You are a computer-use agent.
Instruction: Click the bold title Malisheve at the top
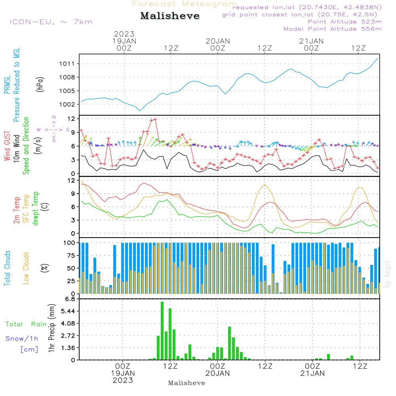[170, 16]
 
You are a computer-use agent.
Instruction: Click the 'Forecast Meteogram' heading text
[185, 4]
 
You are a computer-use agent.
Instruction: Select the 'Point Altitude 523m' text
[345, 22]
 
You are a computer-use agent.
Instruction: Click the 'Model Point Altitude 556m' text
[333, 29]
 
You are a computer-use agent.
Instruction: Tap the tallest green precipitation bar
[162, 331]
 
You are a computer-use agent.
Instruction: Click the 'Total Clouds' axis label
[7, 268]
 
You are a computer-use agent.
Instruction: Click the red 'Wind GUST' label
[7, 147]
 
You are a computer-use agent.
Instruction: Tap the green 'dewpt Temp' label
[36, 209]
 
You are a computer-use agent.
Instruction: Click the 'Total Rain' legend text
[26, 324]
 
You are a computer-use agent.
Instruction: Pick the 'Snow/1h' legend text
[22, 339]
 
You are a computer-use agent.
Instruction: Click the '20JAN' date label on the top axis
[217, 41]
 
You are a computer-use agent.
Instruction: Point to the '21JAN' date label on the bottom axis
[312, 373]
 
